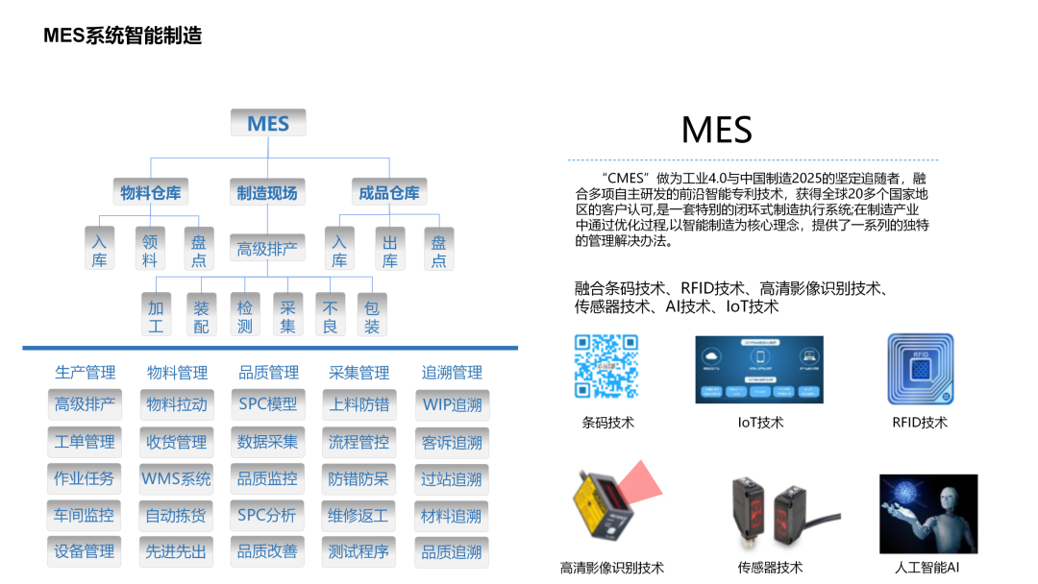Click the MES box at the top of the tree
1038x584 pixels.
pos(268,123)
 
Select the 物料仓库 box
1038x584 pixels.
pos(150,192)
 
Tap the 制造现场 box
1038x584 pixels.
pos(267,192)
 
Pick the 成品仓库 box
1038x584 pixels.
pos(389,192)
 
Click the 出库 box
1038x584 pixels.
pos(389,249)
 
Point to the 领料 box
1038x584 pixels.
pos(150,249)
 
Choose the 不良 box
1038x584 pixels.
pos(330,315)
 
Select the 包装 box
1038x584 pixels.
pos(372,315)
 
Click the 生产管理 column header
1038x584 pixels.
pos(85,373)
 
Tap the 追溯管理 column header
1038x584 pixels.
pos(452,373)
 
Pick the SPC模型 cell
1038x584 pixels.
pos(268,404)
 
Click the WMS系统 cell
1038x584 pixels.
pos(176,478)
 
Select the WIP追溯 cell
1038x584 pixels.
pos(452,404)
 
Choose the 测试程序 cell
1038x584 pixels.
pos(359,552)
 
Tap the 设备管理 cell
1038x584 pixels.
pos(85,552)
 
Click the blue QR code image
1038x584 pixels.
pos(606,366)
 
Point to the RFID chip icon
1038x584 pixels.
pos(920,368)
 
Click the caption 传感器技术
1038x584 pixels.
pos(771,568)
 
